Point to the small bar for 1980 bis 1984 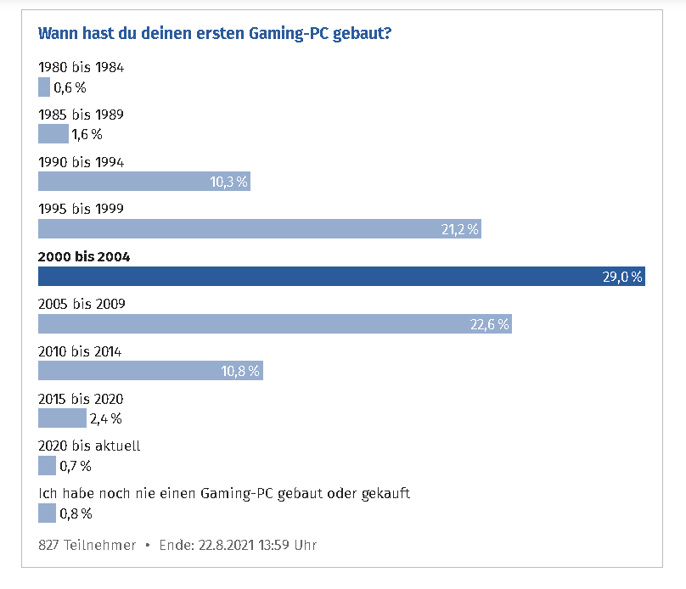tap(44, 87)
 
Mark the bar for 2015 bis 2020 tap(62, 418)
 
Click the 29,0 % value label tap(622, 277)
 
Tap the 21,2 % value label tap(459, 229)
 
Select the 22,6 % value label tap(490, 323)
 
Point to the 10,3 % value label tap(228, 181)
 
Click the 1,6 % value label tap(87, 134)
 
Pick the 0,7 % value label tap(76, 465)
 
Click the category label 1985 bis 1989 tap(82, 115)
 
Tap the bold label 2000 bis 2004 tap(84, 256)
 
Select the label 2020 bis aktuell tap(89, 446)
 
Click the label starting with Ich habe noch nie tap(224, 493)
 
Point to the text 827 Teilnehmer tap(87, 545)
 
